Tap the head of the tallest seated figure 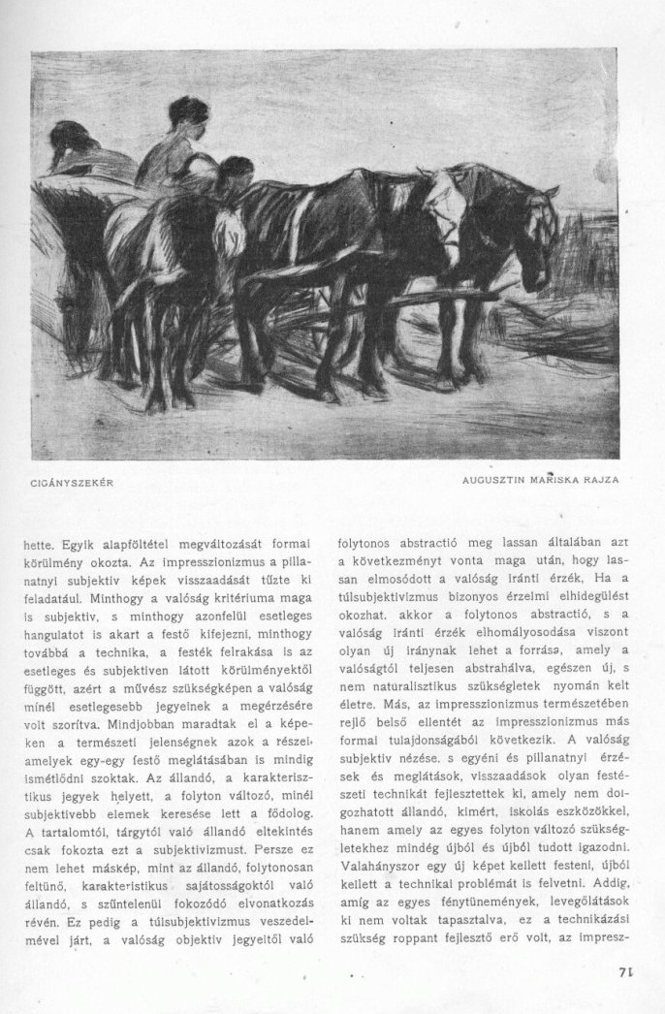pos(187,113)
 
